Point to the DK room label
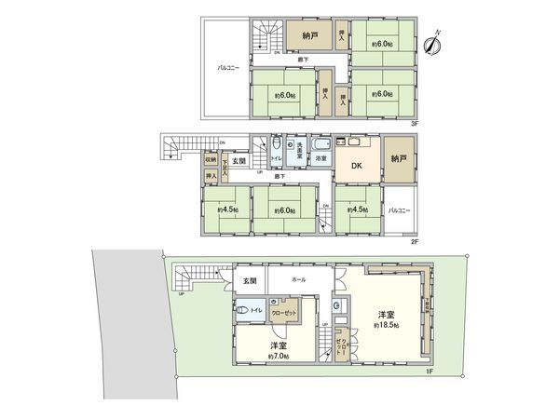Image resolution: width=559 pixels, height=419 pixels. [x=356, y=167]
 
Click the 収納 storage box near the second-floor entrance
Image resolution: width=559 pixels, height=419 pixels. [x=211, y=159]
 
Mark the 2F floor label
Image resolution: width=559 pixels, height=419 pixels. [x=414, y=241]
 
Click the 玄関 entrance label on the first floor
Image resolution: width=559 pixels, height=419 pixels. [x=249, y=280]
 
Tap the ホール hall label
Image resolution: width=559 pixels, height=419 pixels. [x=299, y=279]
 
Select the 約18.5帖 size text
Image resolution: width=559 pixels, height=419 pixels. [x=388, y=325]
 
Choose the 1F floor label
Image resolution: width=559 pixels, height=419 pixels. [x=430, y=372]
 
